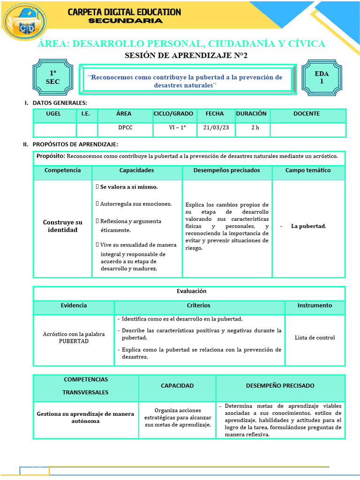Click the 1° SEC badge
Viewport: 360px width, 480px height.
[x=52, y=78]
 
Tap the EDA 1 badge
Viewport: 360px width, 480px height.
[x=322, y=77]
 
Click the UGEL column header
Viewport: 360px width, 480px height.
[x=53, y=114]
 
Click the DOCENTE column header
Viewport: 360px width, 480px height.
[x=307, y=114]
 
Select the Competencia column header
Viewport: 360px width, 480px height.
[x=62, y=171]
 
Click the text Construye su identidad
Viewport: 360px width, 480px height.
[x=62, y=226]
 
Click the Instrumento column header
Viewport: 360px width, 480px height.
[x=315, y=306]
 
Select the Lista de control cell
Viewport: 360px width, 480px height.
[x=315, y=337]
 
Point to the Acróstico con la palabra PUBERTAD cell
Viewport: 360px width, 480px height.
[x=74, y=337]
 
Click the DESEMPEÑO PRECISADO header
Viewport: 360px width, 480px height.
[x=280, y=386]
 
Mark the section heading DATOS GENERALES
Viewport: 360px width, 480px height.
[x=60, y=103]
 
